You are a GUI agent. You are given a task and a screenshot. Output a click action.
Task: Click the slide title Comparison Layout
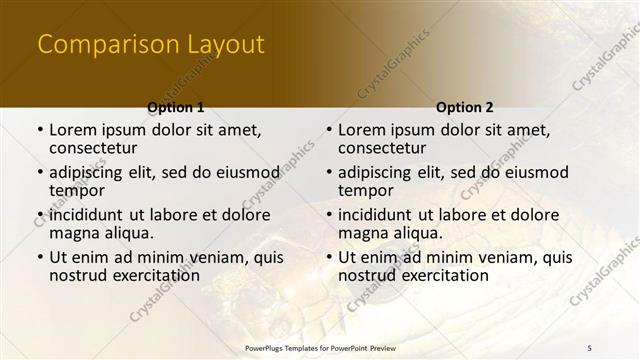coord(150,45)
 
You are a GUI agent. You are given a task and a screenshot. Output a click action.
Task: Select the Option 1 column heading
coord(175,106)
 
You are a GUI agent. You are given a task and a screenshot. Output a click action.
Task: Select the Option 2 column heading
coord(465,106)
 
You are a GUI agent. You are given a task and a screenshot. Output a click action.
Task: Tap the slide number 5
coord(590,346)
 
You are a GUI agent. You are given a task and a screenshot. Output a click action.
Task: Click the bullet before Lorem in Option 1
coord(39,130)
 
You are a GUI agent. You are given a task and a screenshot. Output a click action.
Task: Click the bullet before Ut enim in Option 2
coord(328,258)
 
